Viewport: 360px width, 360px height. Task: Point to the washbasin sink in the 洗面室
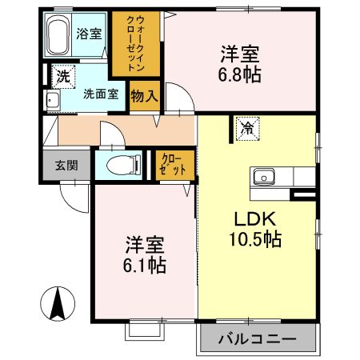(x=52, y=100)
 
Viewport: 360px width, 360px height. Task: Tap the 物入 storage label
(x=144, y=95)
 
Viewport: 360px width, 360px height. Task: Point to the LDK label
(x=255, y=218)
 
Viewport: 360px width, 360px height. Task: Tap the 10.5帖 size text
(x=256, y=239)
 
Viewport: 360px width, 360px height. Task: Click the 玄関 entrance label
(x=66, y=166)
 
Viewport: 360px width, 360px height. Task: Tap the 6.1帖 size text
(x=144, y=265)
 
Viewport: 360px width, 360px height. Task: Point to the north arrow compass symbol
(x=58, y=303)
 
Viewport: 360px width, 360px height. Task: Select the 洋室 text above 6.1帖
(x=144, y=244)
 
